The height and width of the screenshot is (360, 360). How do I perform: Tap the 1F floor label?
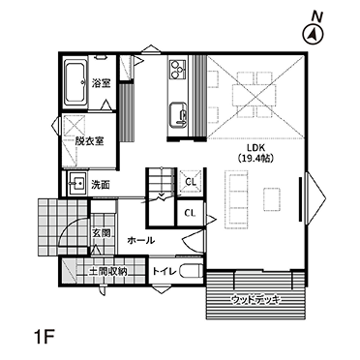point(44,337)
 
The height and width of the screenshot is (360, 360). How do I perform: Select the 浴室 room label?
point(101,83)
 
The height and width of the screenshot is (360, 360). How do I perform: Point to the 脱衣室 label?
point(89,141)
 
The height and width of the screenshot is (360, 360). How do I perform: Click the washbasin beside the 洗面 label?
point(76,184)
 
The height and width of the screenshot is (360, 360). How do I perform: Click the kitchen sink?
point(178,114)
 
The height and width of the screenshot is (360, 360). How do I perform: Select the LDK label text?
point(255,148)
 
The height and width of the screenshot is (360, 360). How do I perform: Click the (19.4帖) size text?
point(255,158)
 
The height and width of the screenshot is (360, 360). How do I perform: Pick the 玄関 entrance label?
point(101,232)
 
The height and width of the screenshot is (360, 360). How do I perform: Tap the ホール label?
point(141,240)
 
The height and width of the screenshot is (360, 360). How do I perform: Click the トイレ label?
point(165,272)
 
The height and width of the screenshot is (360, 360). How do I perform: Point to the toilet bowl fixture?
point(191,271)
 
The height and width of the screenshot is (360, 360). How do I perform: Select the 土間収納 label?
point(106,272)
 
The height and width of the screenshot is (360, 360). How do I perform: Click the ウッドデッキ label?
point(255,300)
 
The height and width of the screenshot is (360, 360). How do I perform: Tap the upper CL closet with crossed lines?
point(191,182)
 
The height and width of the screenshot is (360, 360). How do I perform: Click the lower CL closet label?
point(190,213)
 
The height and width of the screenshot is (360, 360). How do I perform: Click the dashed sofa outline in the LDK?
point(237,200)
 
